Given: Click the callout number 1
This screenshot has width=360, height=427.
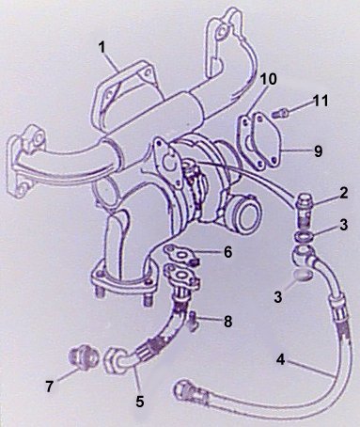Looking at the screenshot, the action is coord(102,47).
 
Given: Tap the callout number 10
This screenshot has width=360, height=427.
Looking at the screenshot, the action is coord(268,79).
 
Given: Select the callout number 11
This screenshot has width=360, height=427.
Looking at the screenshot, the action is coord(321,101).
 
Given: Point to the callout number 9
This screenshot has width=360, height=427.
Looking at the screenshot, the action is coord(318,151).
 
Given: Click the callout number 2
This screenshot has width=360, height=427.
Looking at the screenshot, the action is coord(344,194).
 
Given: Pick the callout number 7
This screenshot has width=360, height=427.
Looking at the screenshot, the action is coord(49,387).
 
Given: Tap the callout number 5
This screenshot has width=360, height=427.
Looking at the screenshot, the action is coord(140,401).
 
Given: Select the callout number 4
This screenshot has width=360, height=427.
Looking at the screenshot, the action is coord(280,359).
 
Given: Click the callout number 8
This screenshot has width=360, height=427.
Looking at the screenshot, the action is coord(227,322).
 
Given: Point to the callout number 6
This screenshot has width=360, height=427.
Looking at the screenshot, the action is coord(227,252).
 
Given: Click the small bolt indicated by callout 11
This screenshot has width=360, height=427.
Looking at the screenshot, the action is coord(278,113).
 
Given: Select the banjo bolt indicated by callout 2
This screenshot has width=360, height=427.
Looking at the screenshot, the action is coord(304,209).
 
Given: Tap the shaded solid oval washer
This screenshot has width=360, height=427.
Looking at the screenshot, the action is coord(303,276).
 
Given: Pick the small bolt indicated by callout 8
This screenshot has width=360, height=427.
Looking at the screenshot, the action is coord(193,322).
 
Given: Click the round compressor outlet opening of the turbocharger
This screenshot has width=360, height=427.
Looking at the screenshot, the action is coord(246,214).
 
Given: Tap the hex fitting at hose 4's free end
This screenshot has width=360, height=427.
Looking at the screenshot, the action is coord(183,389).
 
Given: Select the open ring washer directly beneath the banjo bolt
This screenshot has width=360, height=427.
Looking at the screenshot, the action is coord(304,237).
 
